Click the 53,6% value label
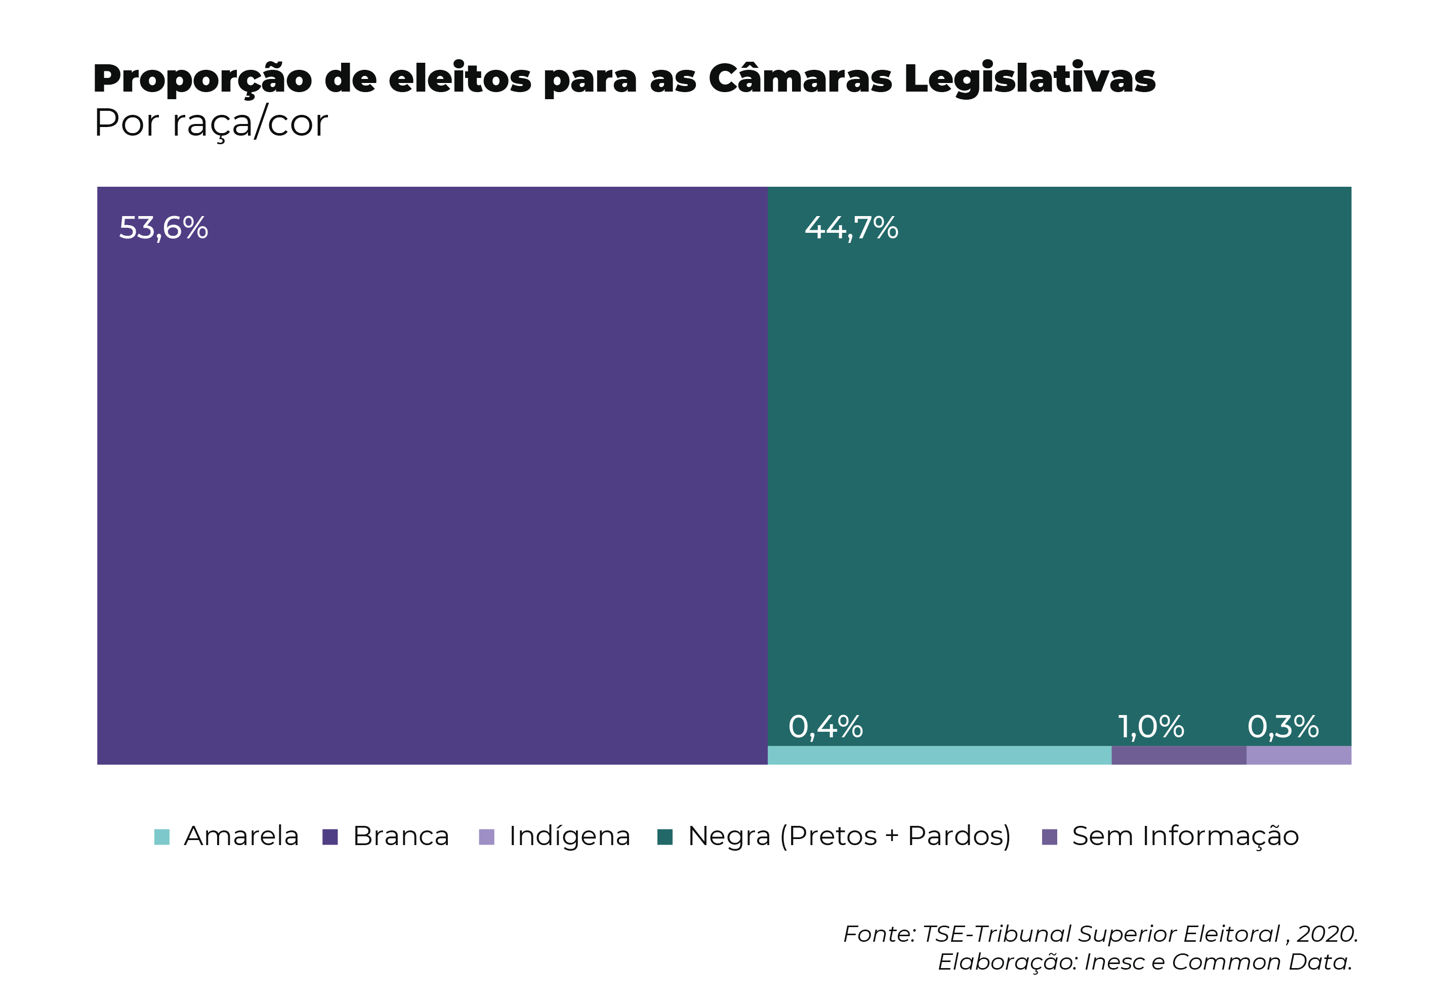click(163, 228)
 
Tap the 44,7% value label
click(851, 228)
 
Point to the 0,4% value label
click(825, 727)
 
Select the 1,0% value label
click(1150, 727)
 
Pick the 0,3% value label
click(1283, 727)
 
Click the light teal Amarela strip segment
click(939, 756)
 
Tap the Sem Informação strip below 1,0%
click(1179, 756)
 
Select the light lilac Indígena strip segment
click(1299, 756)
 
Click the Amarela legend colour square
click(161, 837)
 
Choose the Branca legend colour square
click(330, 837)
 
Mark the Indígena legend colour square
click(486, 837)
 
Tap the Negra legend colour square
click(665, 837)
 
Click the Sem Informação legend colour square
click(1049, 837)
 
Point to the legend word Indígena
click(569, 837)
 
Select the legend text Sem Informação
click(1185, 837)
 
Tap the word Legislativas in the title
click(1029, 80)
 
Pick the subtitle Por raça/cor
click(211, 123)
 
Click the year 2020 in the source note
click(1326, 935)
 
